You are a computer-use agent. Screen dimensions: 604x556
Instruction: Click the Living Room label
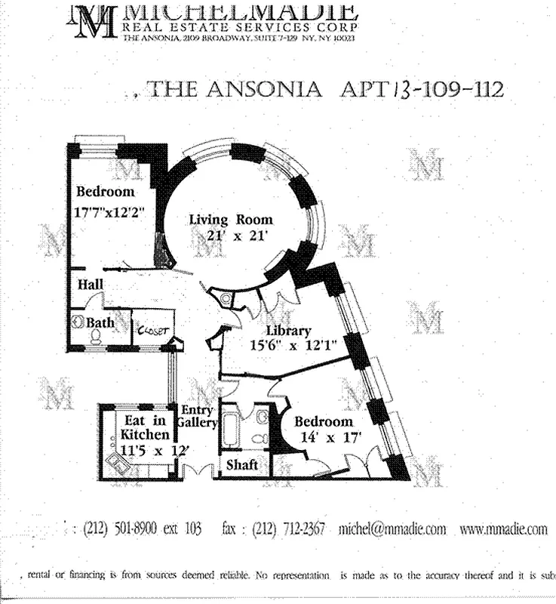[230, 220]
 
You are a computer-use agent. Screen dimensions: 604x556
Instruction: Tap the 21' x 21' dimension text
[230, 235]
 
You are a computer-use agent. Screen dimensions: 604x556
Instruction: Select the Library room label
[288, 331]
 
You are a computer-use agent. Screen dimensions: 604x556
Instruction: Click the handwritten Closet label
[153, 329]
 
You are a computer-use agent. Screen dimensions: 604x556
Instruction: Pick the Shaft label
[242, 465]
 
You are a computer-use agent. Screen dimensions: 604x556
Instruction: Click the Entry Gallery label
[199, 416]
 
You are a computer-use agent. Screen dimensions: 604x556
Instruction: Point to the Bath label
[100, 323]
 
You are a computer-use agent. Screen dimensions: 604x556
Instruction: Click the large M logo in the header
[94, 20]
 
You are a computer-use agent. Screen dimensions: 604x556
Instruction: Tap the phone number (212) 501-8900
[120, 529]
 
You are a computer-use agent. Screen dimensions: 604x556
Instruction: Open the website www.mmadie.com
[503, 529]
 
